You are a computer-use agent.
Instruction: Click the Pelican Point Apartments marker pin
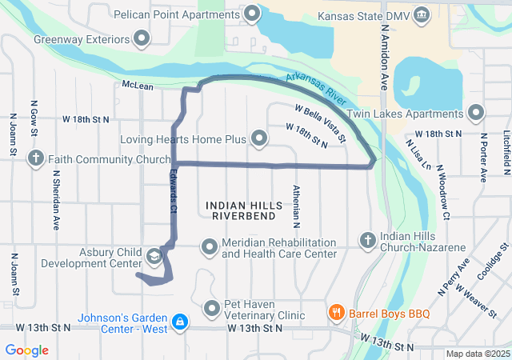click(x=253, y=14)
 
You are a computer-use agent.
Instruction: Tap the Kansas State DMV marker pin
click(x=422, y=15)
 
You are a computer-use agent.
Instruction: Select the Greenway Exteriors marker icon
click(x=142, y=38)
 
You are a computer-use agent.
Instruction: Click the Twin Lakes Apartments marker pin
click(x=476, y=113)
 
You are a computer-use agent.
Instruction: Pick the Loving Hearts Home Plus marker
click(x=259, y=139)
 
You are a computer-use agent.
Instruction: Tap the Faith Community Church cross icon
click(x=36, y=158)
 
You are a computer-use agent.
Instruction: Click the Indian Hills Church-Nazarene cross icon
click(x=367, y=239)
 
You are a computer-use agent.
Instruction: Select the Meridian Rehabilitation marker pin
click(x=209, y=246)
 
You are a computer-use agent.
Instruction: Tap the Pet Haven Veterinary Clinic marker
click(x=211, y=308)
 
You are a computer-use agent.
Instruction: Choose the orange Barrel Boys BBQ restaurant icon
click(x=337, y=312)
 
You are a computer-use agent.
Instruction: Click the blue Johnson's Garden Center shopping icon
click(x=181, y=321)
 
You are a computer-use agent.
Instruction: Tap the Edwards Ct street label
click(x=173, y=192)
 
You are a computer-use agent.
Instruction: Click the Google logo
click(x=27, y=350)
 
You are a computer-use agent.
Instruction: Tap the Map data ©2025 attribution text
click(x=476, y=354)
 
